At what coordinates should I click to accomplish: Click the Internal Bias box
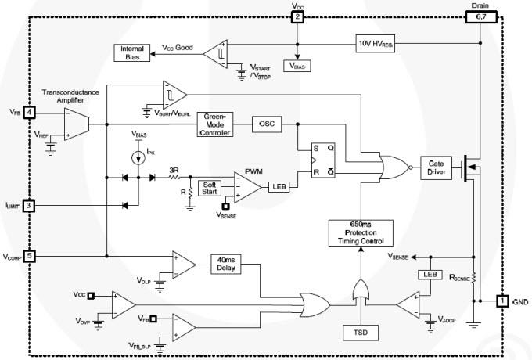(x=130, y=53)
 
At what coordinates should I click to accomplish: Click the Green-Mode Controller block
(x=215, y=124)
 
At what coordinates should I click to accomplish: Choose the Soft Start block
(x=210, y=189)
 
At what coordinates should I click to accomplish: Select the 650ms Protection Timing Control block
(x=361, y=233)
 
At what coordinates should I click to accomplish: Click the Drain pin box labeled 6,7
(x=480, y=17)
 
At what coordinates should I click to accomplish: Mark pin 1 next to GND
(x=501, y=301)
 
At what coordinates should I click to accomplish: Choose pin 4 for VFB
(x=29, y=113)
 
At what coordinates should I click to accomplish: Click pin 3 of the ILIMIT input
(x=29, y=206)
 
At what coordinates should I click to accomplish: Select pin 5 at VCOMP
(x=29, y=256)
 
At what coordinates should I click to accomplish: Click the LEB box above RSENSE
(x=428, y=274)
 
